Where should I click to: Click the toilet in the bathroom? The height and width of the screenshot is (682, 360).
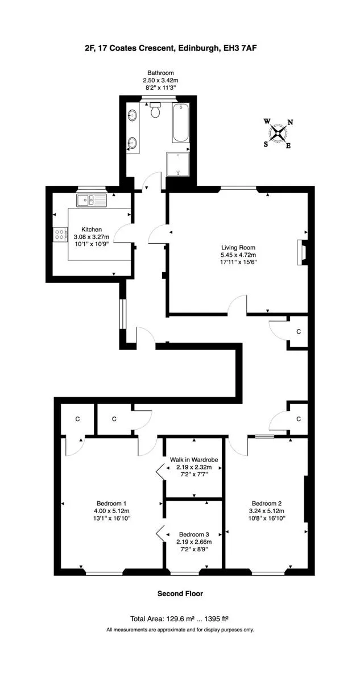[155, 110]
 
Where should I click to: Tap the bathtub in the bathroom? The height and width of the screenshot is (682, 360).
[181, 123]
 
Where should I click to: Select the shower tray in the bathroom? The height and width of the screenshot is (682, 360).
[177, 164]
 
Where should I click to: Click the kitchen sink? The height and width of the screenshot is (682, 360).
[92, 200]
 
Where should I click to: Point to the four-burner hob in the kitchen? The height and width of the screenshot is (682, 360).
[60, 234]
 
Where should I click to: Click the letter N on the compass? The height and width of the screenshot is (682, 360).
[290, 122]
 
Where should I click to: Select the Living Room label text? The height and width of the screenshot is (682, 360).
[238, 248]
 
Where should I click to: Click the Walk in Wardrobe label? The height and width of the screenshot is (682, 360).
[194, 459]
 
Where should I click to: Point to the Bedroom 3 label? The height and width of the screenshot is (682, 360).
[194, 534]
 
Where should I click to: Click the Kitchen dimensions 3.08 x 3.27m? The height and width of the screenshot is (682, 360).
[92, 236]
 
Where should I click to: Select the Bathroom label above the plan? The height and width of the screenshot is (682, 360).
[160, 73]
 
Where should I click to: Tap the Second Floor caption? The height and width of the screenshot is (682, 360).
[180, 593]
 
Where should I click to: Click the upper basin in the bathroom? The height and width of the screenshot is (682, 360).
[132, 115]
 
